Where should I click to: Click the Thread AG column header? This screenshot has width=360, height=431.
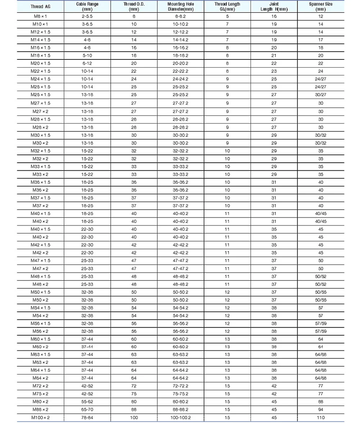click(40, 7)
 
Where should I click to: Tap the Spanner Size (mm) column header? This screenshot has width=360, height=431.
click(321, 7)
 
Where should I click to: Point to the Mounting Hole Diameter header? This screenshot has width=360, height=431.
click(181, 7)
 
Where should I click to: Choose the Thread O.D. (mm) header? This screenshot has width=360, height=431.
click(134, 7)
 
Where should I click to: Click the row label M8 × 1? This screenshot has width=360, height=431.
click(40, 17)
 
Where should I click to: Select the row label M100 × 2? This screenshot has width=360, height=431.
click(40, 417)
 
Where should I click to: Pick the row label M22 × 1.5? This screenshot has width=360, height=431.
click(40, 71)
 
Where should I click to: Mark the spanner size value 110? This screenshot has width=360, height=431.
click(321, 417)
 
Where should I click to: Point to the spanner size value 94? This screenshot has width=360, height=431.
click(321, 409)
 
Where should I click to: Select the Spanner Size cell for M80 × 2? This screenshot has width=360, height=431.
click(321, 401)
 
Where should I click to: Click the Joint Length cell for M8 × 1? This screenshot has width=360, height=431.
click(274, 17)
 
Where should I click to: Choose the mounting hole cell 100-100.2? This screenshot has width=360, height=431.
click(181, 417)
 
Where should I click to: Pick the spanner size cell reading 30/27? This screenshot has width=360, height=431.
click(321, 95)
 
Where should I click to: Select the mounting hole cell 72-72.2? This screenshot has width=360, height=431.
click(181, 386)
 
